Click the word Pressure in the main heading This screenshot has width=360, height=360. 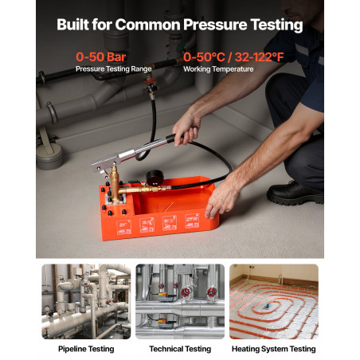[x=215, y=25]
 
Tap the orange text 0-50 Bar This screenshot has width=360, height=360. [x=101, y=57]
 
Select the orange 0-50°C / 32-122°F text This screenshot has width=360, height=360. [x=233, y=57]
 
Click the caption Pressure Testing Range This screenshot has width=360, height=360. [x=114, y=69]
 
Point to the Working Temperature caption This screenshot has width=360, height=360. [x=218, y=69]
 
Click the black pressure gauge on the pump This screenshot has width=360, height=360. [x=155, y=178]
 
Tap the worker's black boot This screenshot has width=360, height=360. [x=295, y=194]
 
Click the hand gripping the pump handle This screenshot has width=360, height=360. [x=186, y=130]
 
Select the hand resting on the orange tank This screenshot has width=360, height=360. [x=221, y=197]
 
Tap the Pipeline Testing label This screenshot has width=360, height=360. [x=86, y=349]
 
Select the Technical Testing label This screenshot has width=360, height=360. [x=180, y=349]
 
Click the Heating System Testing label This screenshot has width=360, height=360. [x=274, y=349]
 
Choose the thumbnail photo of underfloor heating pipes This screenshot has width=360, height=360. [x=274, y=302]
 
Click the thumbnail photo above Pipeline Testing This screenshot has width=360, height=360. [x=86, y=302]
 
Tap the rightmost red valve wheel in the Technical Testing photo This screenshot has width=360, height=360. [x=212, y=292]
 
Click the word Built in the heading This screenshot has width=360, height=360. [x=72, y=25]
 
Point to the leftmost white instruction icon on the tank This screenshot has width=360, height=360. [x=123, y=227]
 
